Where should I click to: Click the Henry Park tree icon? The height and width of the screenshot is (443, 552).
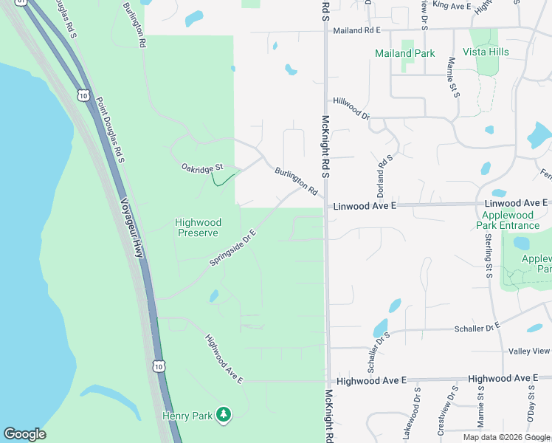[x=223, y=416]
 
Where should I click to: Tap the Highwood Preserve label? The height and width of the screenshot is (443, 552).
[x=197, y=227]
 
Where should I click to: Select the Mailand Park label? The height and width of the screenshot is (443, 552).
[x=404, y=54]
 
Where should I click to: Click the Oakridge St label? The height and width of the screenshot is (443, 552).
[x=201, y=168]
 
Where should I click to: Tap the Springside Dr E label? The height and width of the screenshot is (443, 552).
[x=232, y=247]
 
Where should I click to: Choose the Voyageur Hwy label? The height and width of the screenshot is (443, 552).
[x=131, y=228]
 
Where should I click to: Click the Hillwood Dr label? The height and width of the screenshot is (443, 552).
[x=351, y=108]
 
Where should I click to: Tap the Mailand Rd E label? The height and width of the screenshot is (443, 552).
[x=356, y=30]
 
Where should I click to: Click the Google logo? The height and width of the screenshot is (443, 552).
[x=24, y=434]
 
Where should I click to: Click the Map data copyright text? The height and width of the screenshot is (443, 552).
[x=507, y=437]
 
